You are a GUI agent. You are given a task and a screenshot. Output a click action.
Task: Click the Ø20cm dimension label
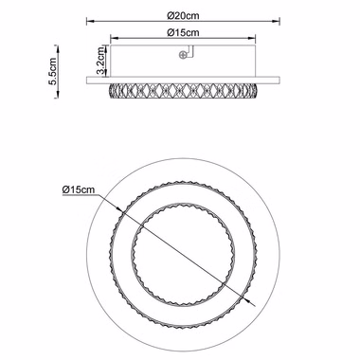click(184, 15)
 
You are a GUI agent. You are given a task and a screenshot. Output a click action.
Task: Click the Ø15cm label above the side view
click(184, 32)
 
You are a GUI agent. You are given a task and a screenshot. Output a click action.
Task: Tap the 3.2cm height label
click(101, 61)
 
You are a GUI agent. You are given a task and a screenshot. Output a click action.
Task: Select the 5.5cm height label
click(52, 71)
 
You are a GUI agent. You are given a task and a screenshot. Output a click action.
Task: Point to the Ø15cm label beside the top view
click(79, 189)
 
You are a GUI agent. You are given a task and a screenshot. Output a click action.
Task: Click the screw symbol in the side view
click(183, 55)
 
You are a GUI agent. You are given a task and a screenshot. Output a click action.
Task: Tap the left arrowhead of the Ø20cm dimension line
click(91, 21)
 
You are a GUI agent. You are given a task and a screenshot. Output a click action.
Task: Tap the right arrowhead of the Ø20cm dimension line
click(276, 21)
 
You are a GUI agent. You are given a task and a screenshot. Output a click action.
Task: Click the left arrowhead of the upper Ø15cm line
click(114, 38)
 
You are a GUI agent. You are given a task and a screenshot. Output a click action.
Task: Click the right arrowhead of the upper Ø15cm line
click(251, 38)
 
